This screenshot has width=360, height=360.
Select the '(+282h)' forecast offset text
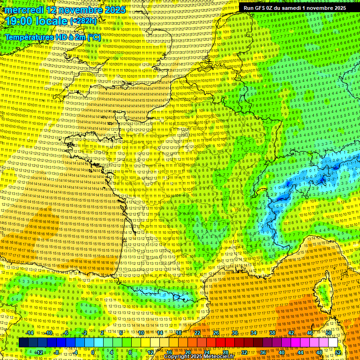[x=84, y=22]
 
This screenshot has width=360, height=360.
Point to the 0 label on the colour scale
[x=93, y=352]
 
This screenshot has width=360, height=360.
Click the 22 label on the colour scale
[x=197, y=333]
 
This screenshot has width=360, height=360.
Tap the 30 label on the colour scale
[x=235, y=333]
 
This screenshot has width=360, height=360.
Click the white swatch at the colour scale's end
[x=333, y=343]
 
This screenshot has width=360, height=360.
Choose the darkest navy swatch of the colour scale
[x=23, y=343]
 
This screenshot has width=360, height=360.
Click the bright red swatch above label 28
[x=225, y=343]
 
